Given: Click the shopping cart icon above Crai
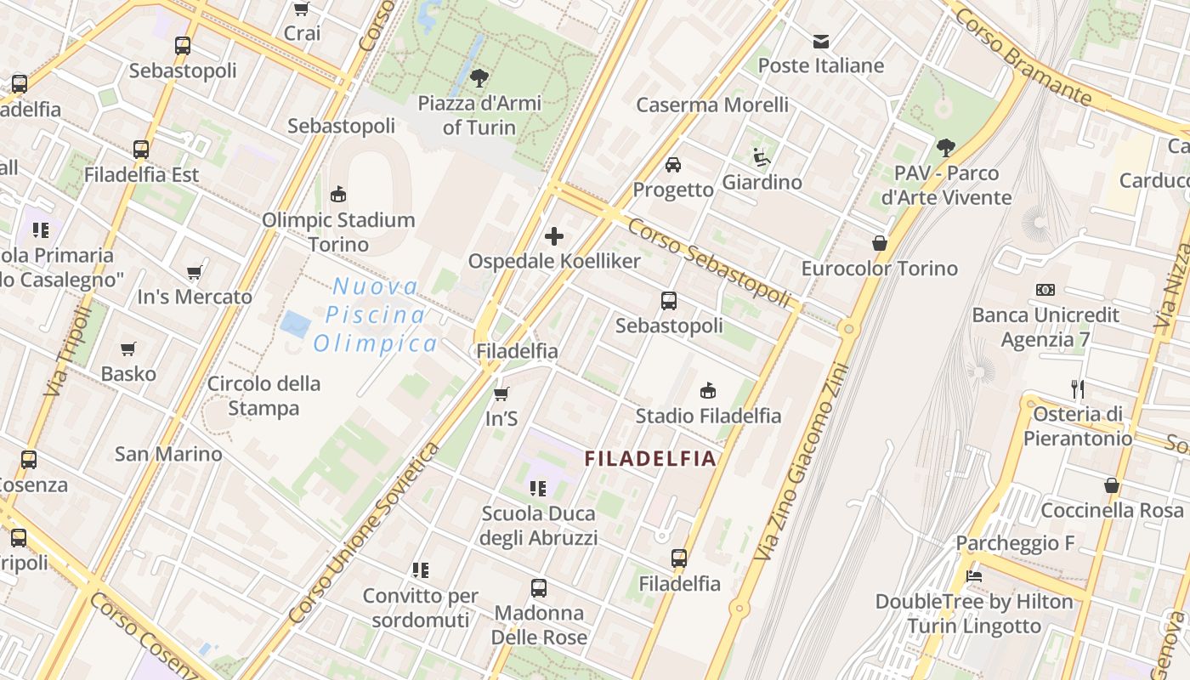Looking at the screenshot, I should (x=301, y=9).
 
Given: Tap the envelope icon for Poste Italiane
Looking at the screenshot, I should (x=821, y=41).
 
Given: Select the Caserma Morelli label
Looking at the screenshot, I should (x=712, y=105).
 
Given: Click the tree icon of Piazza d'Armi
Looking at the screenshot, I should (x=479, y=78).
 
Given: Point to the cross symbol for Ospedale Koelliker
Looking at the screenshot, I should (x=554, y=235).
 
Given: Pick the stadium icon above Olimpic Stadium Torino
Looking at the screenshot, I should (x=338, y=194).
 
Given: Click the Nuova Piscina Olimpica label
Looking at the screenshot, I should (x=376, y=314).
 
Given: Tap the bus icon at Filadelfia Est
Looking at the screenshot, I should (x=141, y=150).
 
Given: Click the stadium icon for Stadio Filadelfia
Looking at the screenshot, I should (x=708, y=390).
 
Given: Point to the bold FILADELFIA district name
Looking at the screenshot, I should (x=650, y=459).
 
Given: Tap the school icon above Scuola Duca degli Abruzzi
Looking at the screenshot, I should (x=538, y=488).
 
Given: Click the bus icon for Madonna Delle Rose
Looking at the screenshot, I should (x=539, y=587).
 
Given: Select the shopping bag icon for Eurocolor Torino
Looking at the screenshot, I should (x=880, y=243).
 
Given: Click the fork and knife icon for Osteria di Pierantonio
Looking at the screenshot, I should (x=1078, y=389).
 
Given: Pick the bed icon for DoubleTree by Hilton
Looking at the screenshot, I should (x=974, y=576).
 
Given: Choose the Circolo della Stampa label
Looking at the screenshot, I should (x=263, y=395).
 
